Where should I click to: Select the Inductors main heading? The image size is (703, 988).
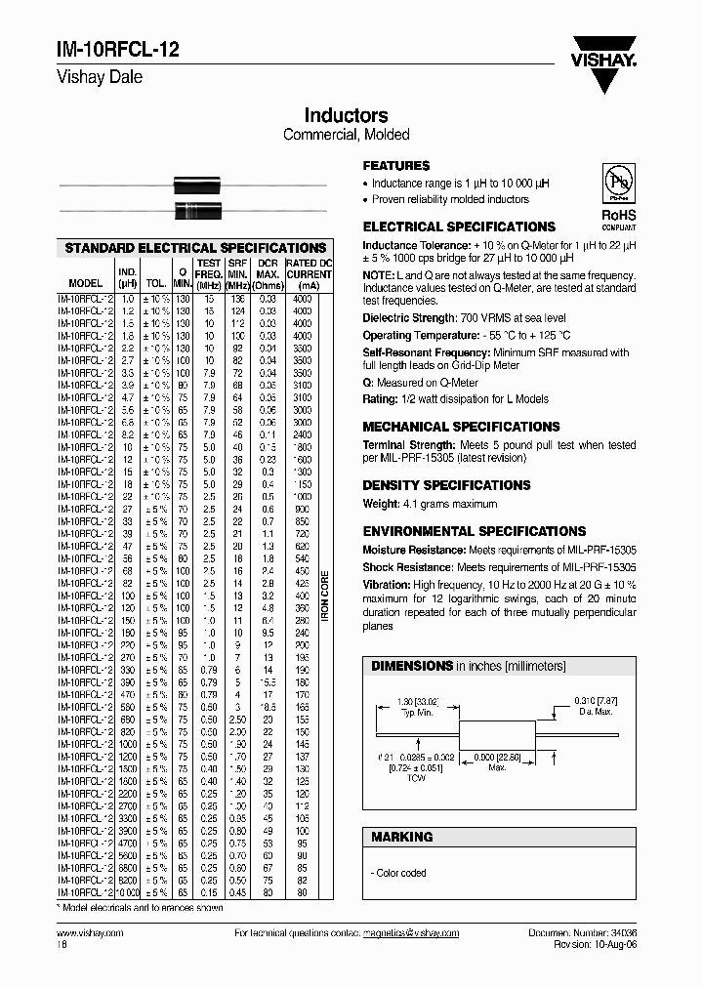coord(346,116)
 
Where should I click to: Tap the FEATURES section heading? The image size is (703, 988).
coord(396,166)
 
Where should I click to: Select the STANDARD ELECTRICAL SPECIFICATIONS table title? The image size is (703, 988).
coord(195,248)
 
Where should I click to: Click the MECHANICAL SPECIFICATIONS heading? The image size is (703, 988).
coord(461,427)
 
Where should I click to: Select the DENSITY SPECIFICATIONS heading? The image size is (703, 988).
coord(446,485)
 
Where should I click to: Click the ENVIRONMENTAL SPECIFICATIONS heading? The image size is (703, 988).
coord(474,531)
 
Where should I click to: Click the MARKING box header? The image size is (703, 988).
coord(401,837)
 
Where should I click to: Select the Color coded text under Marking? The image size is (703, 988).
coord(400,873)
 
